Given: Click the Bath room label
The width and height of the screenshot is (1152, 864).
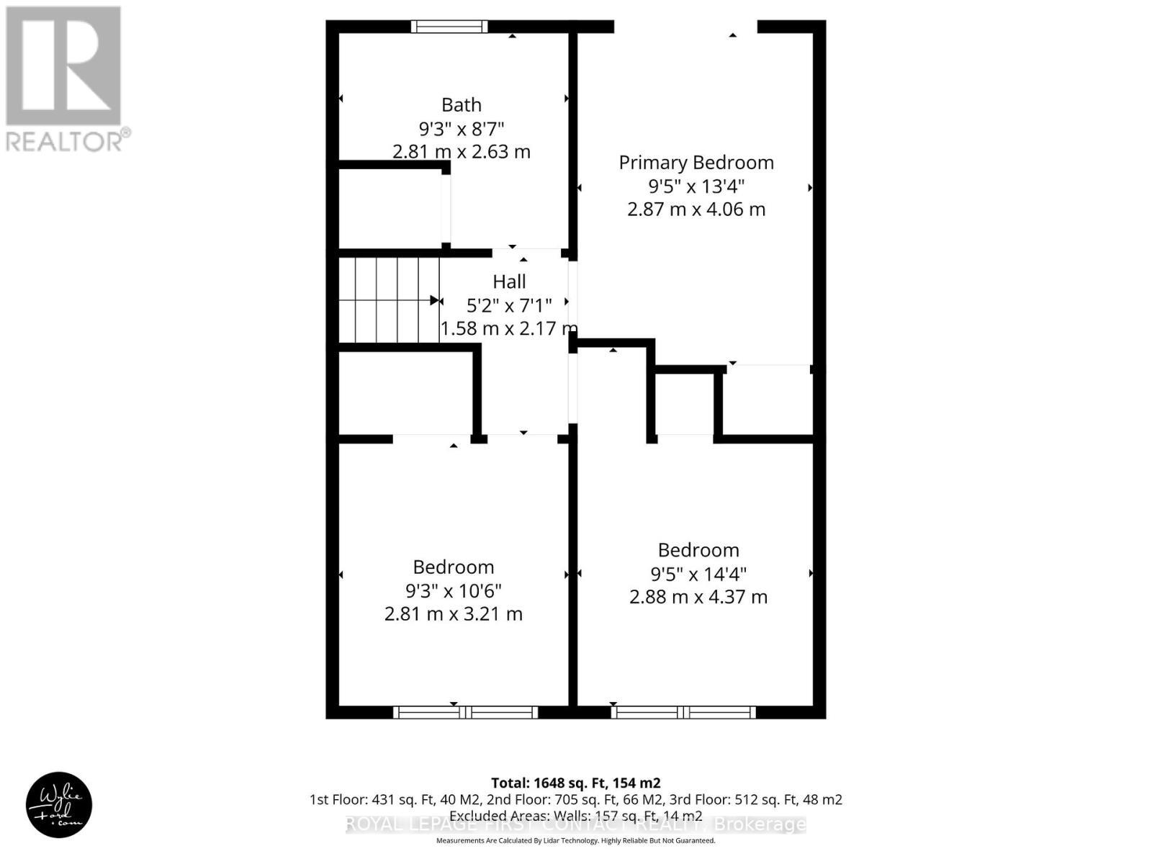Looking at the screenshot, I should pyautogui.click(x=462, y=105).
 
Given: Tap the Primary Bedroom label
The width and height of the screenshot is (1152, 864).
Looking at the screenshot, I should pyautogui.click(x=696, y=163).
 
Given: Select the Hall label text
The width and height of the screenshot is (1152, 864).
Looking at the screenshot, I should pyautogui.click(x=509, y=282).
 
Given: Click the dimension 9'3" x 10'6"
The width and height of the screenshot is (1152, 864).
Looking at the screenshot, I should pyautogui.click(x=454, y=590).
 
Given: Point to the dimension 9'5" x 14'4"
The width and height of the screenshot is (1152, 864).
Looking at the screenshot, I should pyautogui.click(x=698, y=574).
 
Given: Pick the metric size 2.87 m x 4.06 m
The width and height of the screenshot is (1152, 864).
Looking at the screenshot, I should pyautogui.click(x=696, y=210).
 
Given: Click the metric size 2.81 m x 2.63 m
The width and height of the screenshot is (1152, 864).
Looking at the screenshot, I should pyautogui.click(x=462, y=152).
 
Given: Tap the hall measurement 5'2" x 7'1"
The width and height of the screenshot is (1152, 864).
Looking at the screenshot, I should pyautogui.click(x=508, y=306).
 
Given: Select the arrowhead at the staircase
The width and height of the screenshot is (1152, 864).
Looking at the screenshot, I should pyautogui.click(x=435, y=300).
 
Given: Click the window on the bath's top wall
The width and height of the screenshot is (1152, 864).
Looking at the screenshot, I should pyautogui.click(x=449, y=27).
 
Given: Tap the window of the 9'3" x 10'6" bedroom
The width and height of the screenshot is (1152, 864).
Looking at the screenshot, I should pyautogui.click(x=466, y=712).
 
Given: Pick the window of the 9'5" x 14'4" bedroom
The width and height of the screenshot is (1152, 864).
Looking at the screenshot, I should pyautogui.click(x=683, y=712).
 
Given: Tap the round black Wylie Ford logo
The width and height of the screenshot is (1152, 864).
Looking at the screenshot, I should pyautogui.click(x=59, y=804).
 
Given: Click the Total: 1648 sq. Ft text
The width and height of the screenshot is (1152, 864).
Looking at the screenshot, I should pyautogui.click(x=575, y=783).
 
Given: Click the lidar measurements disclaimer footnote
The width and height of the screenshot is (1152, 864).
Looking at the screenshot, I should pyautogui.click(x=575, y=840).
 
